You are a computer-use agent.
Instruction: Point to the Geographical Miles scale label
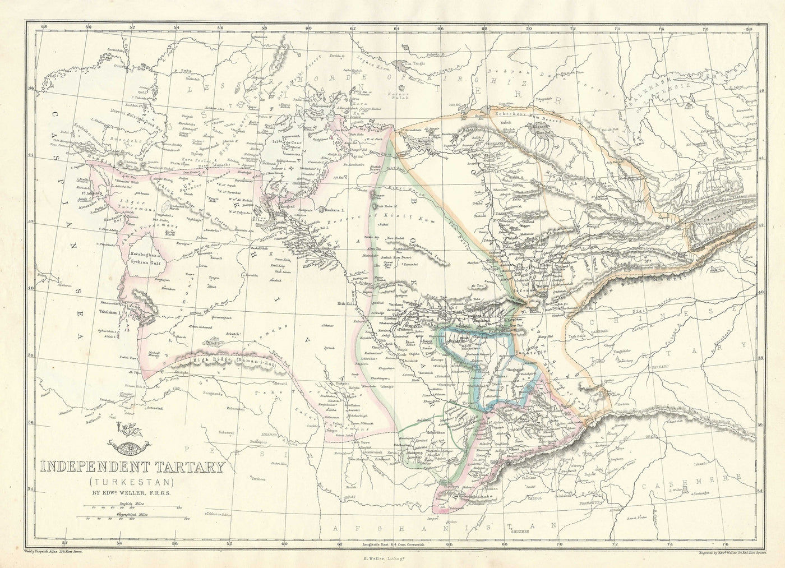[130, 514]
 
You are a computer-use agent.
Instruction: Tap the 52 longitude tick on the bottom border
[65, 542]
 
